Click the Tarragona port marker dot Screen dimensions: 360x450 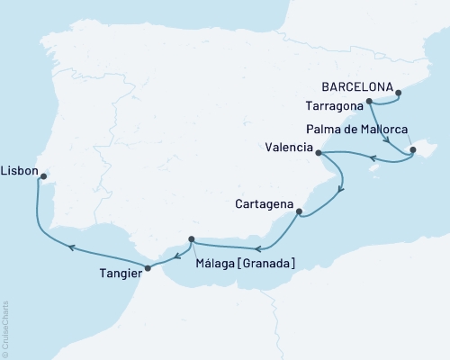pos(370,102)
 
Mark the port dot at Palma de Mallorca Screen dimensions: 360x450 pos(413,150)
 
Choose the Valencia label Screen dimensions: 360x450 pos(290,148)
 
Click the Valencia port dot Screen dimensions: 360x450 pos(319,153)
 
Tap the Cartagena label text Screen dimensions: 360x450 pos(265,204)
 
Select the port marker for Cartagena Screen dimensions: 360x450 pos(300,213)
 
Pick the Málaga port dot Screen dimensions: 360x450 pos(192,239)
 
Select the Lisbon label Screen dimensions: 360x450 pos(19,168)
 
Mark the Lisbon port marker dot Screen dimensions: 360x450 pos(41,177)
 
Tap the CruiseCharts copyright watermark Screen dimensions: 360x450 pos(5,328)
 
